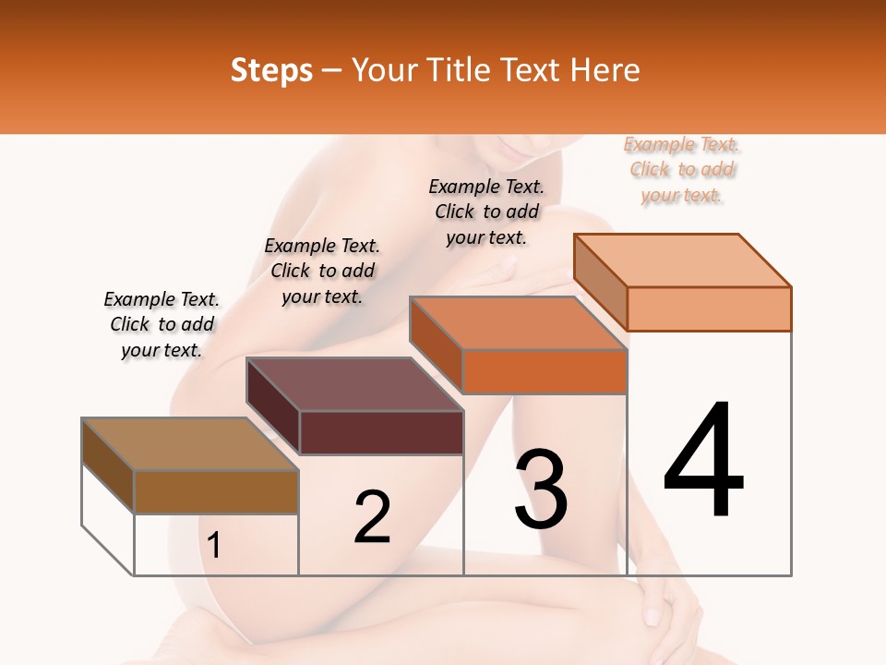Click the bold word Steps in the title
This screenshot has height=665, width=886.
pos(271,70)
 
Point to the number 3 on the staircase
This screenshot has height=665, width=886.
pos(541,489)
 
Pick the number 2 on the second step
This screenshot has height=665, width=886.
pos(372,517)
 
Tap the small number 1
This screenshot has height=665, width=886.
pos(214,546)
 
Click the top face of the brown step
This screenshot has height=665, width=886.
pos(190,444)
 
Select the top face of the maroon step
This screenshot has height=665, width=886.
pos(354,384)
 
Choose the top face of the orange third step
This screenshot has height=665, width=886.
pos(518,323)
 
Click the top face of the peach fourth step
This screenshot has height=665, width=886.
pos(683,260)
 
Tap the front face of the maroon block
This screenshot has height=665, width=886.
pos(381,432)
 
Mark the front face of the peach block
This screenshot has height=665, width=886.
pos(709,308)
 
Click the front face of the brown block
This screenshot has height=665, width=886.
pos(216,491)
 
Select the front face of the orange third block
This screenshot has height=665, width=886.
pos(545,371)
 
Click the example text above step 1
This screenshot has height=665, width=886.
pos(162,324)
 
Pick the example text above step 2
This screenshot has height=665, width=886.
pos(322,271)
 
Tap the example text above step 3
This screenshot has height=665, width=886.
pos(486,212)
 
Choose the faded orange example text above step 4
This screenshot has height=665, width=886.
pos(681,170)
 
